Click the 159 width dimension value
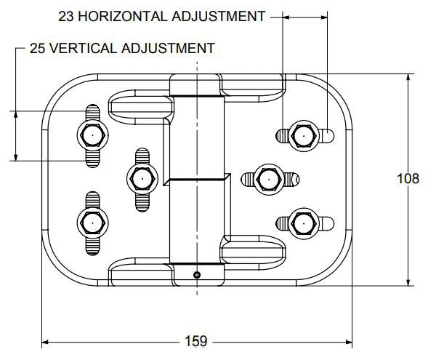pos(196,341)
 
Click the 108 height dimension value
pos(408,179)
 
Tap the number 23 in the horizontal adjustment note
pos(66,17)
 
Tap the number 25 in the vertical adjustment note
pos(37,48)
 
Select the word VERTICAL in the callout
pos(84,48)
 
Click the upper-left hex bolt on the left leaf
pos(93,135)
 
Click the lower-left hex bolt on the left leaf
pos(93,223)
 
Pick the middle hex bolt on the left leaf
pos(142,179)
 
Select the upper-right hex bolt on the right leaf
pos(304,136)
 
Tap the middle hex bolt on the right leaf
pos(269,180)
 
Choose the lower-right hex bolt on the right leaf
pos(304,223)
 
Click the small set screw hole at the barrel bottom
pos(197,275)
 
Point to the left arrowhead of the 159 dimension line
pos(45,342)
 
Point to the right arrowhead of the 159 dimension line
pos(349,342)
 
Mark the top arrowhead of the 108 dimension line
pos(408,78)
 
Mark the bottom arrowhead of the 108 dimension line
pos(408,282)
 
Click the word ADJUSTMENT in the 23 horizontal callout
pos(219,17)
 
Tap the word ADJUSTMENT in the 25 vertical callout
pos(169,48)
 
